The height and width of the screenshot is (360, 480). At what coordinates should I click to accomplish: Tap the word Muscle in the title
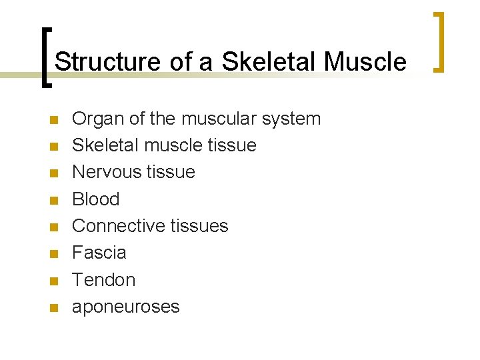pyautogui.click(x=365, y=62)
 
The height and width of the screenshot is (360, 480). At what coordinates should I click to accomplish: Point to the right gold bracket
pyautogui.click(x=439, y=41)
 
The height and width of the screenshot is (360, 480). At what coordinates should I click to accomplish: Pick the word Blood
pyautogui.click(x=95, y=199)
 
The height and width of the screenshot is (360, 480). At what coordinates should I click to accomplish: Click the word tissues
pyautogui.click(x=197, y=226)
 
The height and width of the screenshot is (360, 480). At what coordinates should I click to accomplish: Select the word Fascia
pyautogui.click(x=99, y=253)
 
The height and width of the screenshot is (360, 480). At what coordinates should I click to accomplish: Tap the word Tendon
pyautogui.click(x=103, y=279)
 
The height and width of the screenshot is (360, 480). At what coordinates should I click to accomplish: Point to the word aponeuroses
pyautogui.click(x=125, y=307)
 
